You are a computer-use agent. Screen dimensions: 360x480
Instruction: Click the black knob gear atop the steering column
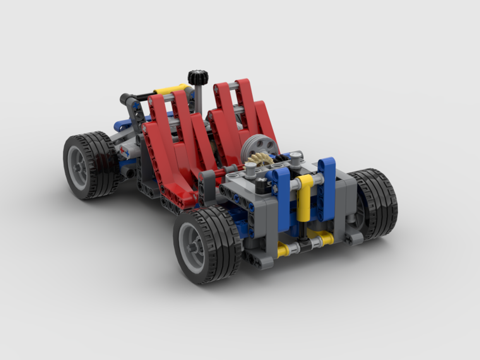tap(197, 77)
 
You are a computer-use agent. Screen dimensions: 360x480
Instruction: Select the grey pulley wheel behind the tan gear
tap(259, 146)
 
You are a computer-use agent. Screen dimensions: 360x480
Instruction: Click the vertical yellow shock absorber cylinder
tap(303, 199)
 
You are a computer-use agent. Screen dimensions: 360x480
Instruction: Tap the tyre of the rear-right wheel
tap(379, 202)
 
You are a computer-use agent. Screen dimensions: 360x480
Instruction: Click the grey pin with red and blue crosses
tap(126, 151)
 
